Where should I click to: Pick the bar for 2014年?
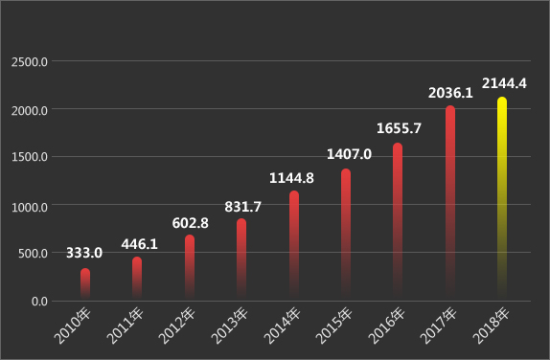(x=294, y=244)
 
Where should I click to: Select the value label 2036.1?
(x=451, y=93)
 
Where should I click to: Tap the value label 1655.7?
(x=399, y=128)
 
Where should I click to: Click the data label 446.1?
(x=139, y=244)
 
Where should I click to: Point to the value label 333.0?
(x=84, y=253)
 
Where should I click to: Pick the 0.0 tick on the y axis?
(x=39, y=302)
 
